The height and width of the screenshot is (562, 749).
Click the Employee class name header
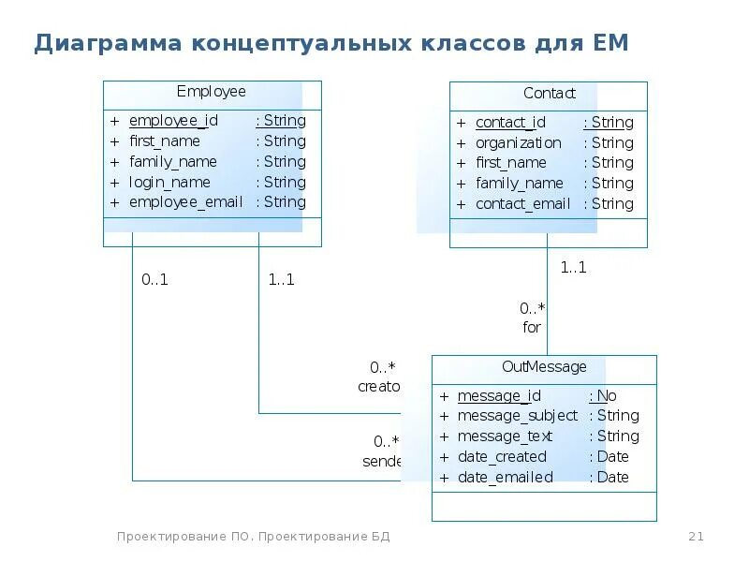tap(211, 92)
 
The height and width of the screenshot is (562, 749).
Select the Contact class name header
tap(549, 94)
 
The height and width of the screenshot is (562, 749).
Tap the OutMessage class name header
tap(544, 367)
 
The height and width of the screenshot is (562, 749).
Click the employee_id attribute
tap(173, 121)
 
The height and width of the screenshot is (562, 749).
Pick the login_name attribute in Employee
tap(169, 182)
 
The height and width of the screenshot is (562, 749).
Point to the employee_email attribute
tap(185, 202)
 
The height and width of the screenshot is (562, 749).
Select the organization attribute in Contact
tap(518, 142)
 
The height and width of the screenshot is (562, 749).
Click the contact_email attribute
tap(522, 203)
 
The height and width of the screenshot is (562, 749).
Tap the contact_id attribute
tap(510, 123)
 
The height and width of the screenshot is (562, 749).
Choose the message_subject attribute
tap(517, 416)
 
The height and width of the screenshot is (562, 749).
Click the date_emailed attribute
tap(505, 478)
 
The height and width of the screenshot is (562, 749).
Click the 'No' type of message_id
tap(606, 395)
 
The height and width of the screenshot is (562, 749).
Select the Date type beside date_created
tap(612, 457)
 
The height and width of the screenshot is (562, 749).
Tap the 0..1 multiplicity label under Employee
tap(154, 279)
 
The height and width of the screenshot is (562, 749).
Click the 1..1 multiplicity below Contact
tap(573, 267)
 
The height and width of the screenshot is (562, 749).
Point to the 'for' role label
tap(532, 328)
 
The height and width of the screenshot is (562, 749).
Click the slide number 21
tap(696, 537)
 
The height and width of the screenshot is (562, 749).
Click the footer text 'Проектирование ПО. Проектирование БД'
tap(253, 537)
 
